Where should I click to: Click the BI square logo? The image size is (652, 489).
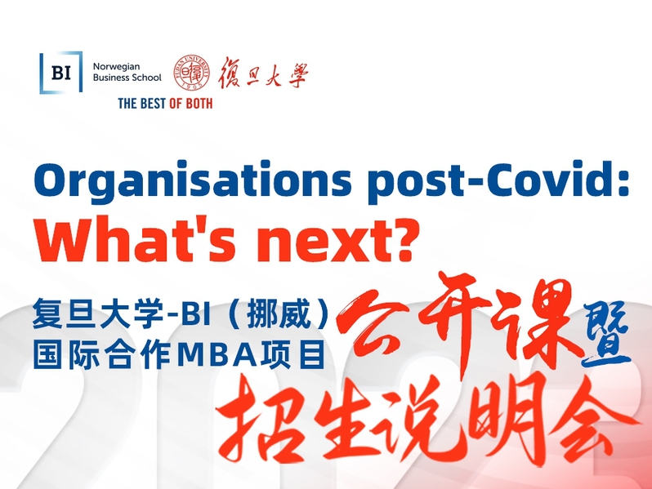(60, 73)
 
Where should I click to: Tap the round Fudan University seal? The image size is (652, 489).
(191, 73)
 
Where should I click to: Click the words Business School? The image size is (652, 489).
(127, 78)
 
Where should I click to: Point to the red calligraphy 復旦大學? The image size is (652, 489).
(263, 73)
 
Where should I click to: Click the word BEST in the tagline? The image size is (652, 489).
(151, 104)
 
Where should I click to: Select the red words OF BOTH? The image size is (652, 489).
(191, 104)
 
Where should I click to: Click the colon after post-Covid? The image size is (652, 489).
(623, 184)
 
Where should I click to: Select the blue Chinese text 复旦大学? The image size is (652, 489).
(99, 313)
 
